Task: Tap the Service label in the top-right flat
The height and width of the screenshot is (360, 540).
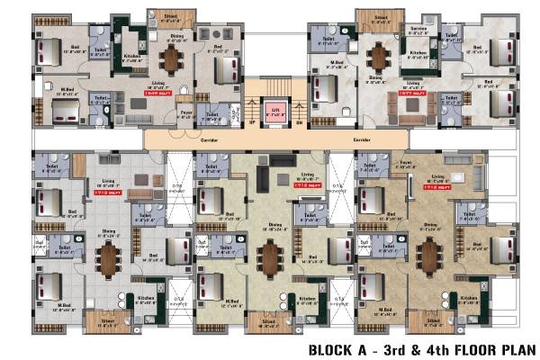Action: point(418,28)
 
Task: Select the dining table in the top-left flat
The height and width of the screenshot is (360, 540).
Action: point(171,58)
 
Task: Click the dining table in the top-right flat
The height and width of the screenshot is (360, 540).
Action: point(378,58)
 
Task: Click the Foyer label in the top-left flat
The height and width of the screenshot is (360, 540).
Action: point(186,112)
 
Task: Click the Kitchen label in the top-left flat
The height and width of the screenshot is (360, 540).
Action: point(131,56)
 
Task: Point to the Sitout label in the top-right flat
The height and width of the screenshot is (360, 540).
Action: point(379,18)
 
